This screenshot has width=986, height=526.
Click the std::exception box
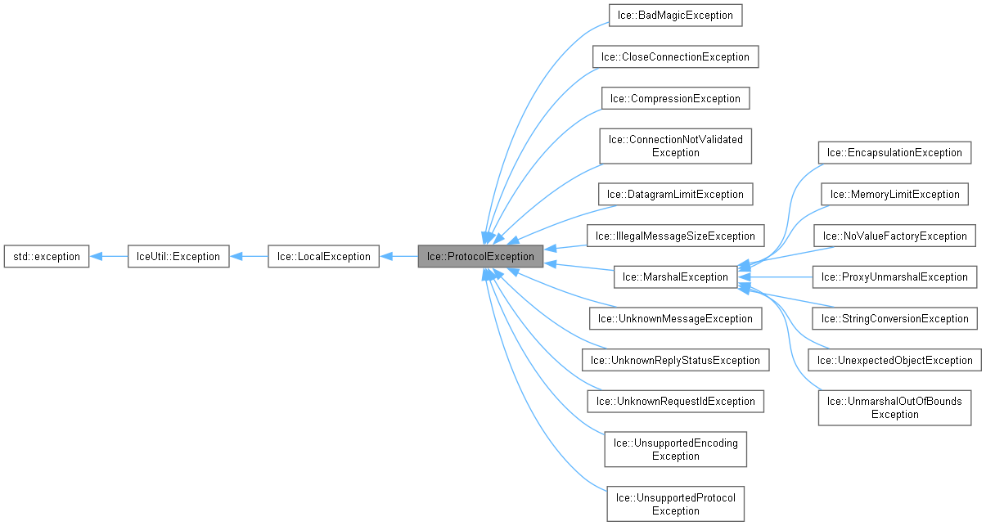(x=46, y=256)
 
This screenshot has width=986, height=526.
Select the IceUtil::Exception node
(x=178, y=256)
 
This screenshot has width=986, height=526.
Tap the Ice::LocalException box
(x=323, y=256)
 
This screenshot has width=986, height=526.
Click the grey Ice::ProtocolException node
(x=480, y=256)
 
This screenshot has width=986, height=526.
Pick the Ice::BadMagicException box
(x=675, y=15)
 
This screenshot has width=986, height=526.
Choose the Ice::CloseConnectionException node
(x=675, y=56)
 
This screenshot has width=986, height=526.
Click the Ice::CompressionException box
(x=675, y=98)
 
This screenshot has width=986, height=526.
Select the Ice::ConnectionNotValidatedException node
(x=675, y=146)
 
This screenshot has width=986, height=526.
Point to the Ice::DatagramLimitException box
(x=675, y=194)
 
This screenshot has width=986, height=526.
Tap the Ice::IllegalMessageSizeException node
(x=675, y=236)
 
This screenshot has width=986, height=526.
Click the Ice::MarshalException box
(x=675, y=276)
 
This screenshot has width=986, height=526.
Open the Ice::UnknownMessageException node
(x=675, y=318)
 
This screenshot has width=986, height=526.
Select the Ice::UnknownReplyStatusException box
(x=675, y=360)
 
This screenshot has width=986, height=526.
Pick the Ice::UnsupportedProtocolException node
(x=675, y=504)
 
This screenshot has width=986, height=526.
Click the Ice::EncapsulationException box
(x=895, y=152)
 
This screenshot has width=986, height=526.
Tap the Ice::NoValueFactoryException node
(x=895, y=236)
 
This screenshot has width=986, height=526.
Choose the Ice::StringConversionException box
(x=895, y=318)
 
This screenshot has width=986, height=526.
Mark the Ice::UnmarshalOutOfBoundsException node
(x=895, y=407)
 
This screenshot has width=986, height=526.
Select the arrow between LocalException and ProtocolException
(x=398, y=256)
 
